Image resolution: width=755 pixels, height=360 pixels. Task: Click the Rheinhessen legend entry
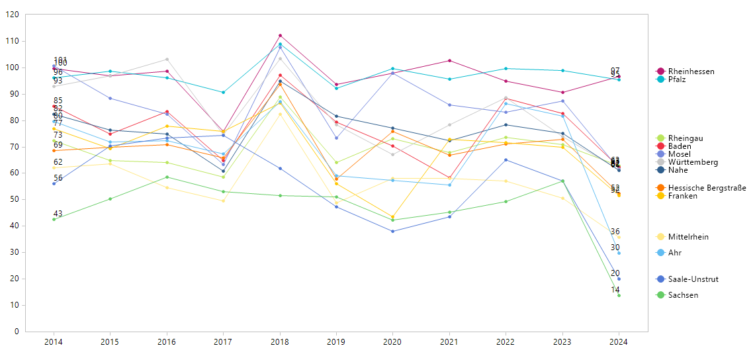pyautogui.click(x=691, y=71)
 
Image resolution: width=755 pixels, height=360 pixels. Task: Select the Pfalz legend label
pyautogui.click(x=676, y=79)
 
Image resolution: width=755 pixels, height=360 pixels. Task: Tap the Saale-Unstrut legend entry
pyautogui.click(x=693, y=279)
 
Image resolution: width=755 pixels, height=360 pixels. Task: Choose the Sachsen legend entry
pyautogui.click(x=683, y=295)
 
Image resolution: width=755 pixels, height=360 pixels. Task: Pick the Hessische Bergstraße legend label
pyautogui.click(x=705, y=188)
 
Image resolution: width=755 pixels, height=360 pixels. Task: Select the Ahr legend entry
pyautogui.click(x=674, y=253)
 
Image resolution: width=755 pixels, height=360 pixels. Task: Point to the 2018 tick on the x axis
pyautogui.click(x=280, y=342)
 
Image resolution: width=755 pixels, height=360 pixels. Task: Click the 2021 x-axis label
pyautogui.click(x=449, y=342)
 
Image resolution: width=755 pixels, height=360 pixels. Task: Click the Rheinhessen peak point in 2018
pyautogui.click(x=280, y=36)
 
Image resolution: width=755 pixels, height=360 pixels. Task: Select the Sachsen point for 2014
pyautogui.click(x=54, y=219)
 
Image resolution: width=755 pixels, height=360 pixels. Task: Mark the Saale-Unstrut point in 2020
pyautogui.click(x=393, y=231)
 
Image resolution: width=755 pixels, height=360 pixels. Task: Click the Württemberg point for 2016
pyautogui.click(x=167, y=60)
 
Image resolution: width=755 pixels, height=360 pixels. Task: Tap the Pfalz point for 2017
pyautogui.click(x=223, y=92)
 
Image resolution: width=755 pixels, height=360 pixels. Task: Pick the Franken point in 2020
pyautogui.click(x=393, y=217)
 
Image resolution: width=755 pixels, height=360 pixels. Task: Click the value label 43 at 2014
pyautogui.click(x=58, y=214)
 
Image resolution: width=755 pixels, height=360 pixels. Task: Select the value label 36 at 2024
pyautogui.click(x=615, y=232)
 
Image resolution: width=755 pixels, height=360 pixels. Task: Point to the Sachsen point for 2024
pyautogui.click(x=619, y=295)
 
